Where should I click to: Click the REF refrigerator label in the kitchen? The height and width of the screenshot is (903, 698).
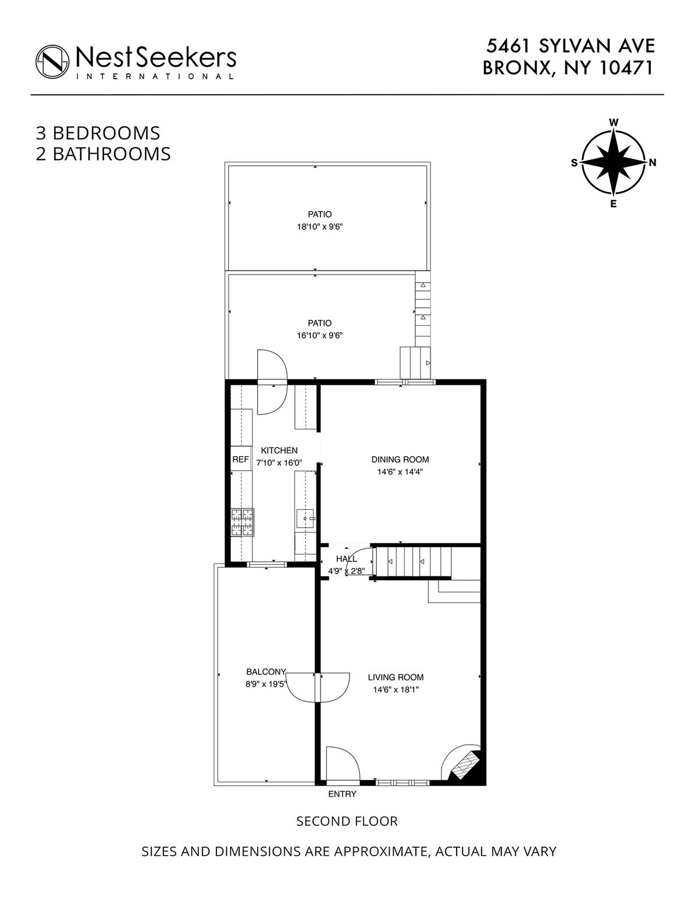click(x=240, y=459)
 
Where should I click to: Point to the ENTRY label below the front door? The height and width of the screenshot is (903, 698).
click(x=342, y=794)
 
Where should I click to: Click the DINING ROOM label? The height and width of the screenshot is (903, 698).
click(x=400, y=460)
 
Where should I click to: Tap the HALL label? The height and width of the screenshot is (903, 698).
click(x=346, y=559)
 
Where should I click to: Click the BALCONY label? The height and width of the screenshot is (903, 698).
click(x=266, y=671)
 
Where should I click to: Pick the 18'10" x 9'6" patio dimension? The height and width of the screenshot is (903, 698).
click(x=320, y=227)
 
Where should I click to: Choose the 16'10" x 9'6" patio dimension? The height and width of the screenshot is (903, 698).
click(x=320, y=335)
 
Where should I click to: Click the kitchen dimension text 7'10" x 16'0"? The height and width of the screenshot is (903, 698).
click(x=279, y=463)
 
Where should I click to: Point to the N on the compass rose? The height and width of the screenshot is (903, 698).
click(x=652, y=163)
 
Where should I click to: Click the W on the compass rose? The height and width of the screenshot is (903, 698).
click(x=614, y=122)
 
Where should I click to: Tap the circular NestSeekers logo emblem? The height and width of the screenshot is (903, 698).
click(x=52, y=62)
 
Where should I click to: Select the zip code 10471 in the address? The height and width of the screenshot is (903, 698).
click(x=627, y=67)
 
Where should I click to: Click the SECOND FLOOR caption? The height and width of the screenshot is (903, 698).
click(x=347, y=821)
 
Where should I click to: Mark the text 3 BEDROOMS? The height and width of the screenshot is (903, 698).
click(x=98, y=133)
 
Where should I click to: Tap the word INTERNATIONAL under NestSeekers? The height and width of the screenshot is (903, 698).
click(x=155, y=76)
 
